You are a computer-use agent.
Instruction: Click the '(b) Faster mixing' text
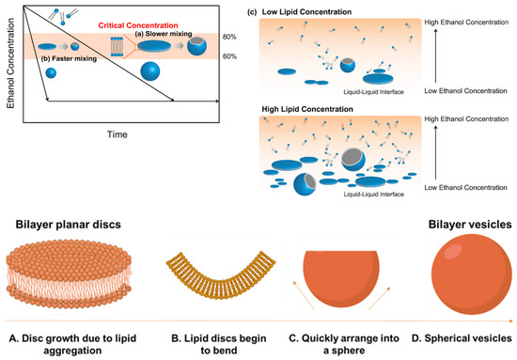(68, 65)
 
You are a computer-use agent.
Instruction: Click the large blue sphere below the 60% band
(154, 71)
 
